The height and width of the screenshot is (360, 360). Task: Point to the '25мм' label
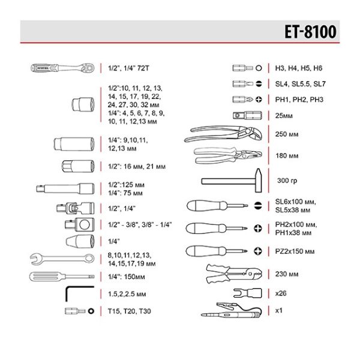284,115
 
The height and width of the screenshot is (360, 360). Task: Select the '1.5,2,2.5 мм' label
130,295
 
